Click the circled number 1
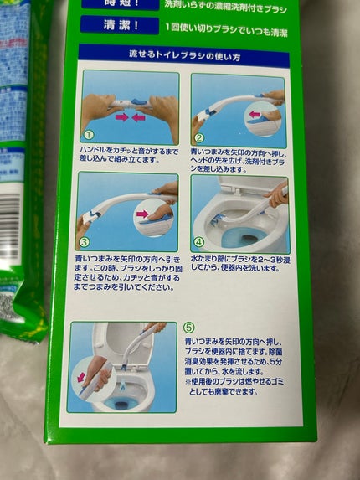88,134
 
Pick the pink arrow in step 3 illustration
142,215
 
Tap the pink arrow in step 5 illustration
81,377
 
